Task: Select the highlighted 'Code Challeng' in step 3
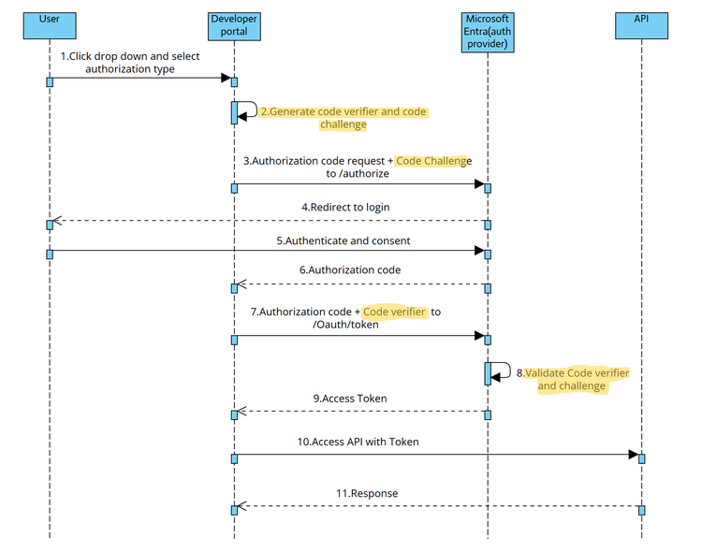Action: point(431,161)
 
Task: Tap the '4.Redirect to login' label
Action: point(345,207)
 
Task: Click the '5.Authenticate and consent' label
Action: point(343,240)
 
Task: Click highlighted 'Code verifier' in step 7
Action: point(395,312)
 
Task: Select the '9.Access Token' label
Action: point(349,398)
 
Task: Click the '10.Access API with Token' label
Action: point(364,442)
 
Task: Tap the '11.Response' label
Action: point(367,493)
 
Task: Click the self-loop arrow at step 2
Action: point(251,109)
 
